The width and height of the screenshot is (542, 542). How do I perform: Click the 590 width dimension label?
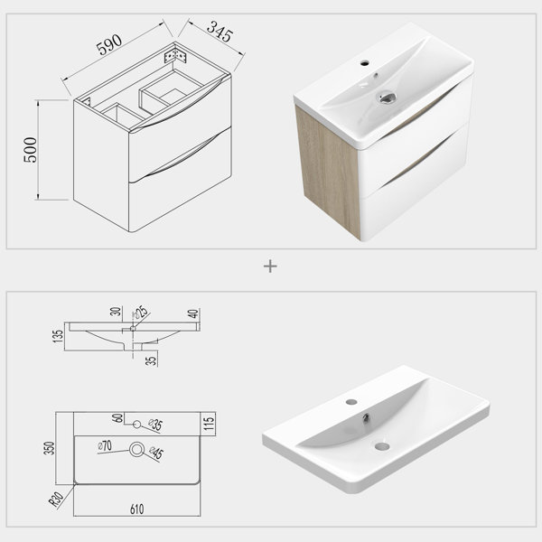109,44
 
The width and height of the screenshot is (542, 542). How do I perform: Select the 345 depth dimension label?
220,31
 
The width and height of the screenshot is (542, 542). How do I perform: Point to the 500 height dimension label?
30,150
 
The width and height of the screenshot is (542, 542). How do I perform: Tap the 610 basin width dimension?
137,509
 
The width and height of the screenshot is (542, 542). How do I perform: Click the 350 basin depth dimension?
50,448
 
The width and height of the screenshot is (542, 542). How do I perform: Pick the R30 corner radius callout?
56,499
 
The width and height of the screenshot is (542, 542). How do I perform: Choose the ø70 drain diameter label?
105,446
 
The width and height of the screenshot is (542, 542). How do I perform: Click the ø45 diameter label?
156,453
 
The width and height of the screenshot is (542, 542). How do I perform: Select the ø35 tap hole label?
155,425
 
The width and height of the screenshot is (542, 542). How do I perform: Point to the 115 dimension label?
209,423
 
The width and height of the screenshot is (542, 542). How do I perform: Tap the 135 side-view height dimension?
58,336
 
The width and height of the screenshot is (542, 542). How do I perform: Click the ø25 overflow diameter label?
141,313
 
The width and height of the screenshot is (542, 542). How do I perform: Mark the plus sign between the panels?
270,266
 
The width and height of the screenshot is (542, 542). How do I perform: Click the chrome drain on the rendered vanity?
386,98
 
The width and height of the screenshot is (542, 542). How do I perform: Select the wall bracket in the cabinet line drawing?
175,56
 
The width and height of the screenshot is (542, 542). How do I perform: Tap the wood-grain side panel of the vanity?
328,172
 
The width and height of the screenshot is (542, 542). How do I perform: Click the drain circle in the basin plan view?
136,449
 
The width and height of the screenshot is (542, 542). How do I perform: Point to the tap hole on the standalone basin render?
351,402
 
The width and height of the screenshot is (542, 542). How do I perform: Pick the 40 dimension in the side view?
193,313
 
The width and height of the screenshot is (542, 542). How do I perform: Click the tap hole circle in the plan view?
137,425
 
